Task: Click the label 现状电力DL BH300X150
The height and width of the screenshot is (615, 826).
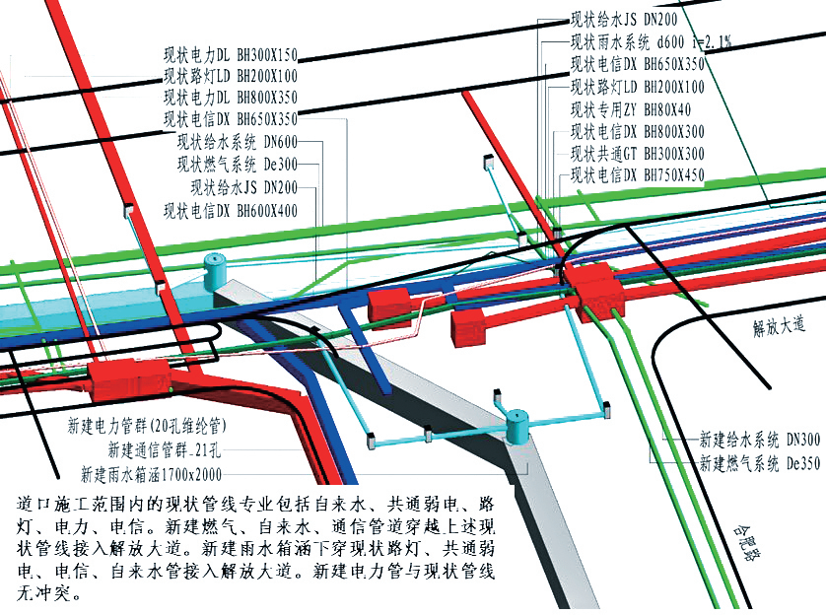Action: (230, 55)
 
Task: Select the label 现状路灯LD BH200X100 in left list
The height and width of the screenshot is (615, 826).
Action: (230, 76)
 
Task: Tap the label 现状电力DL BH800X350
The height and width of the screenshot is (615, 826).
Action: (230, 97)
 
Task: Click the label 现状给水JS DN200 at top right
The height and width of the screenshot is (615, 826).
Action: (624, 19)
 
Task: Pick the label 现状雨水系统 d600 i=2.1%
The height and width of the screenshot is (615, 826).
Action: (651, 41)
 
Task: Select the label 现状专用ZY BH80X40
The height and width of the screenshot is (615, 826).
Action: (631, 109)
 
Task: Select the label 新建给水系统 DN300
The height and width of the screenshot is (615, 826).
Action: (759, 440)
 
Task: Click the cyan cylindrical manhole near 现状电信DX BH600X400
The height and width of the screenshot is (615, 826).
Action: (214, 268)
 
